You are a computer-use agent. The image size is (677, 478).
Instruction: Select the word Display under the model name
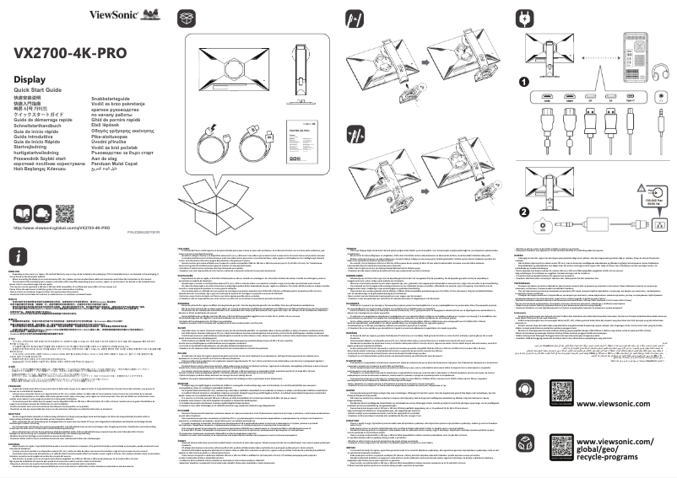[x=29, y=79]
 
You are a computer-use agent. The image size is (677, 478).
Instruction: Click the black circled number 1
[x=523, y=82]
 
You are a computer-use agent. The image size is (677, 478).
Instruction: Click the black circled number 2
[x=523, y=189]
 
